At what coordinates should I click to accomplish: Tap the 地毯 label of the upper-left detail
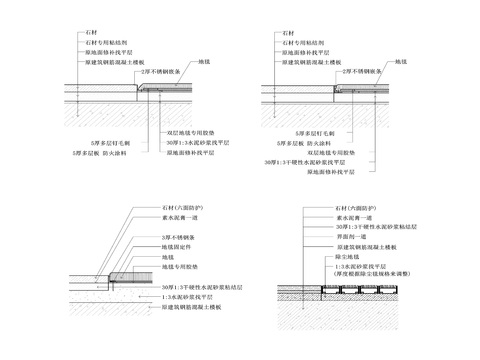coord(206,62)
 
